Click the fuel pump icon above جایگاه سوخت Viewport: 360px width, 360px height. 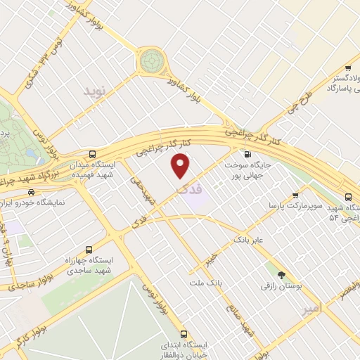click(x=246, y=153)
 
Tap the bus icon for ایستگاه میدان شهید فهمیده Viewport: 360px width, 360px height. click(x=93, y=154)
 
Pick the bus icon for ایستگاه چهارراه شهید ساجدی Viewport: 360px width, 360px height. click(x=89, y=250)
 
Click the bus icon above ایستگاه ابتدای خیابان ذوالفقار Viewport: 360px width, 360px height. click(x=184, y=334)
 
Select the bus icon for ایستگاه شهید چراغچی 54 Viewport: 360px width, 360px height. click(x=349, y=196)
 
